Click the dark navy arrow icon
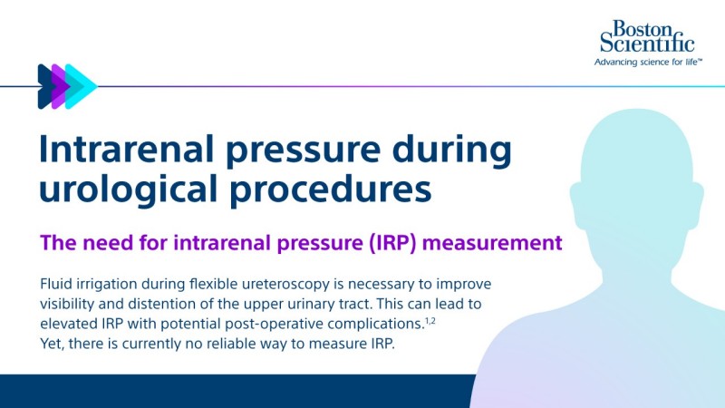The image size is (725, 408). [x=46, y=87]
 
